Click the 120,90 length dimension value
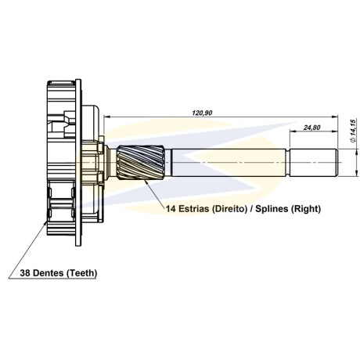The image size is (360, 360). coord(202,113)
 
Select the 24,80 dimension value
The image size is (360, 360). coord(311,128)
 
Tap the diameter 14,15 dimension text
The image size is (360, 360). coord(353,131)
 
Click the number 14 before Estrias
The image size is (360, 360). coord(171,209)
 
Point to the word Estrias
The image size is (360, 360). coord(194,209)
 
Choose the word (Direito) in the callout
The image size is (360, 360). coord(229,209)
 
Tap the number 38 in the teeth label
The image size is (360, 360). coord(25,273)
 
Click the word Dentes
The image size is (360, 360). coord(49,273)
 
